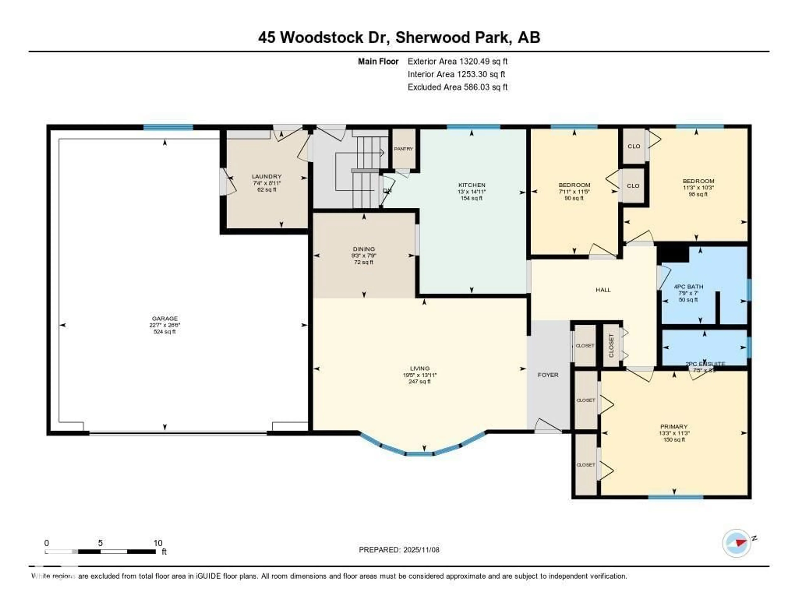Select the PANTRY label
pyautogui.click(x=403, y=149)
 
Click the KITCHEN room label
pyautogui.click(x=472, y=185)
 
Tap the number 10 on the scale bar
pyautogui.click(x=158, y=543)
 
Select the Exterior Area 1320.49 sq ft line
pyautogui.click(x=457, y=61)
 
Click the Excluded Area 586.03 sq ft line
pyautogui.click(x=457, y=87)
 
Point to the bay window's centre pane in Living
pyautogui.click(x=419, y=454)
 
